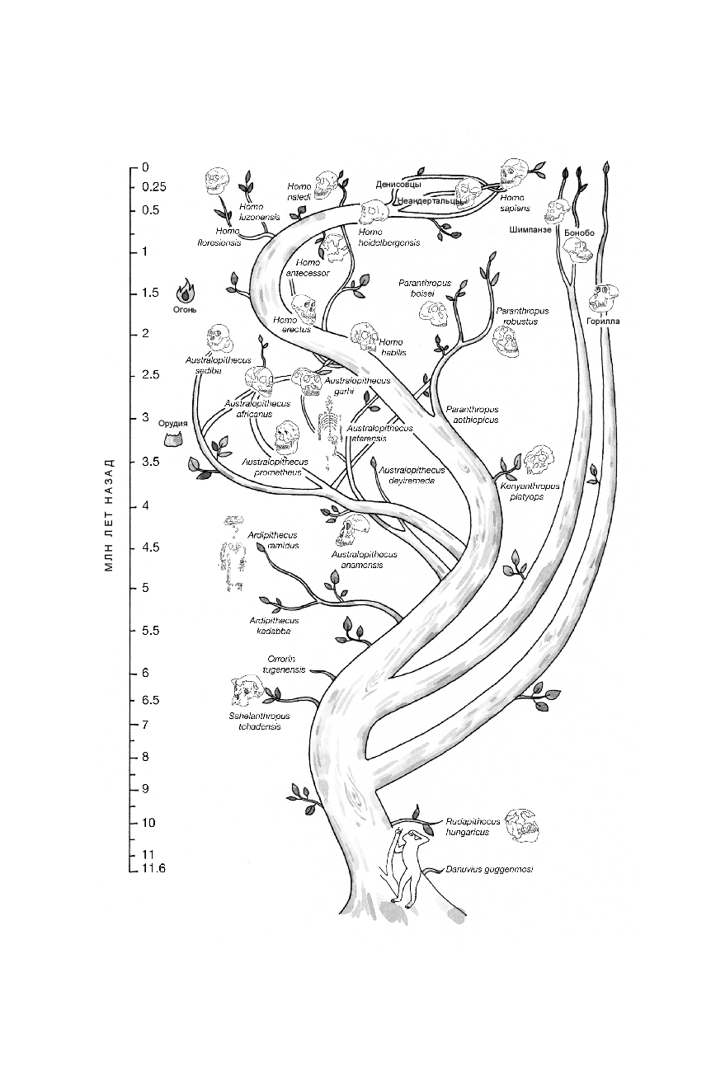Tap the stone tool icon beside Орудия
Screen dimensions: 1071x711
click(174, 439)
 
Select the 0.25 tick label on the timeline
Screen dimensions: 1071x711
click(153, 187)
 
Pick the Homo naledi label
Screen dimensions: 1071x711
click(299, 191)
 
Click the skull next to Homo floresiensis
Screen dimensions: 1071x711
click(217, 181)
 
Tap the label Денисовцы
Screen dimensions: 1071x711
click(398, 184)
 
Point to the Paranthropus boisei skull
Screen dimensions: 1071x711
click(434, 313)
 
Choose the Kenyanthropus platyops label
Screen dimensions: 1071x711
click(530, 491)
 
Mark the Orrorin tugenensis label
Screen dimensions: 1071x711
click(285, 664)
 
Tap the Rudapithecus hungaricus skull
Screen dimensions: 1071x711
click(521, 826)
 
